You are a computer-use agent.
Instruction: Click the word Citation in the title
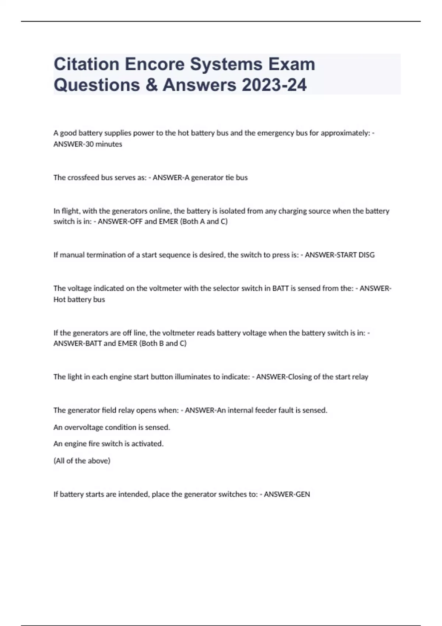coord(86,64)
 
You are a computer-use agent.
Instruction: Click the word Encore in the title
coord(154,64)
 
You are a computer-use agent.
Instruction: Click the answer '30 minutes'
coord(104,144)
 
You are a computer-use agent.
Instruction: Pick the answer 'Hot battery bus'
coord(79,299)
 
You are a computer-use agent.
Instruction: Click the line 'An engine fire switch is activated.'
coord(108,444)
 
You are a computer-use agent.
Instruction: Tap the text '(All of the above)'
coord(82,461)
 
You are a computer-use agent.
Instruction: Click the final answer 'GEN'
coord(303,494)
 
